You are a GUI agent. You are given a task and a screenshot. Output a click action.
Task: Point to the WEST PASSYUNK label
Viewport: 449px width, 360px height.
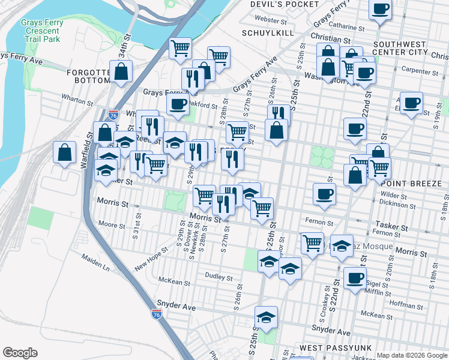point(327,349)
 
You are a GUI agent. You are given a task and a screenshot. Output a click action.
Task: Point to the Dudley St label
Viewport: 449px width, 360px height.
point(220,277)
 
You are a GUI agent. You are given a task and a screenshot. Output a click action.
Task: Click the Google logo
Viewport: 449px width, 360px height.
point(20,353)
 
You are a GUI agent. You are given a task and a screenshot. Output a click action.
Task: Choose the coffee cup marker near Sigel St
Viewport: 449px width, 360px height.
point(355,278)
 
